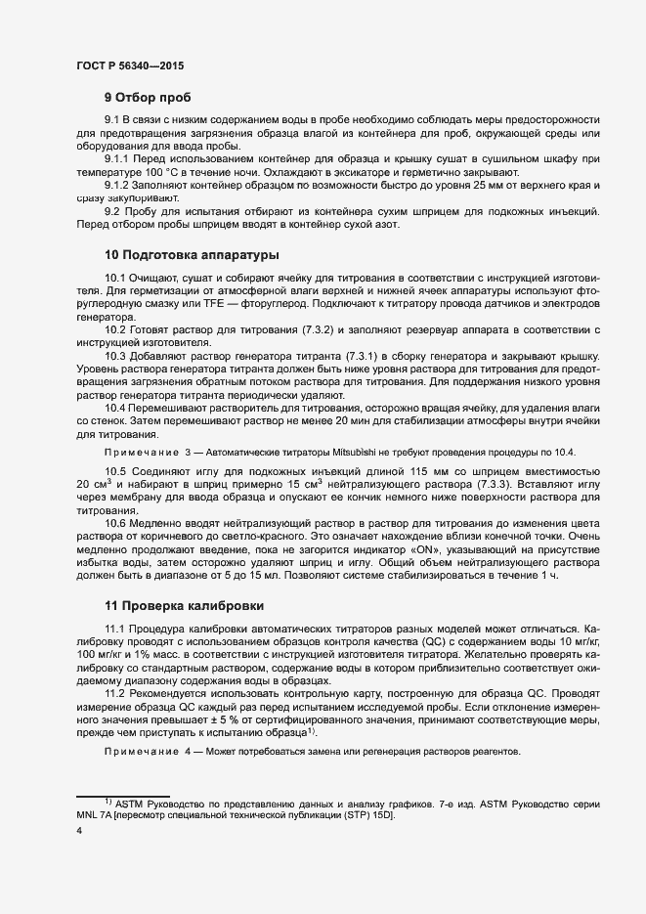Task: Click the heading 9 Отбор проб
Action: [x=148, y=98]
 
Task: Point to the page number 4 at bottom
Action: [x=78, y=831]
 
